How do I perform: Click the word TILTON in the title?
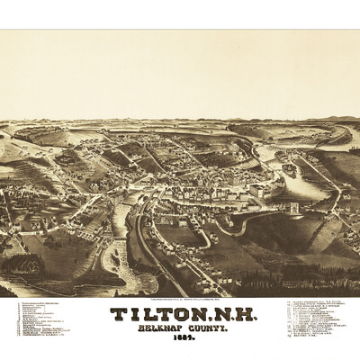tap(154, 315)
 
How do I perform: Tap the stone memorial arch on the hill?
tap(292, 208)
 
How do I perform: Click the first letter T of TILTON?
tap(118, 315)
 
